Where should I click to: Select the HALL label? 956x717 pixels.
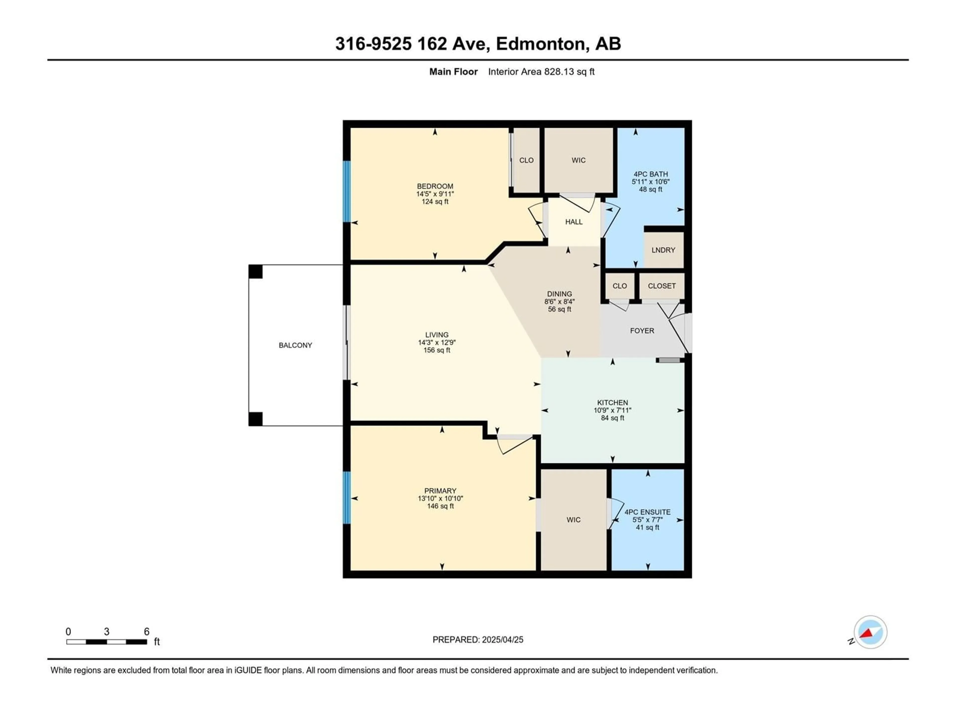[x=574, y=222]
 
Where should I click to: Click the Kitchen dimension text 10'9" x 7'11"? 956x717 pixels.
[x=612, y=410]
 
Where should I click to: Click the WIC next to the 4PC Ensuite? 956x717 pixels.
[x=574, y=520]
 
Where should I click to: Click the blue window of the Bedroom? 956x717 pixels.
[x=347, y=191]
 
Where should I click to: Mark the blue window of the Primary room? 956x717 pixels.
[x=347, y=497]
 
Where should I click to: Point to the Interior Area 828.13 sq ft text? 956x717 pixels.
[x=541, y=72]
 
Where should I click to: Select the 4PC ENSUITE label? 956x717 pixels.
[x=648, y=512]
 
